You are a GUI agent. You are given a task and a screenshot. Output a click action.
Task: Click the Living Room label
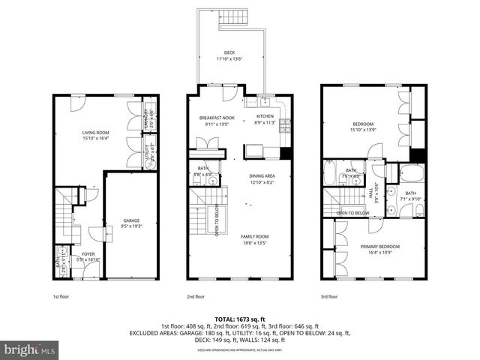[x=95, y=135]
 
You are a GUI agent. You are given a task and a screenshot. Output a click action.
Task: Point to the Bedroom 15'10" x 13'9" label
[x=363, y=126]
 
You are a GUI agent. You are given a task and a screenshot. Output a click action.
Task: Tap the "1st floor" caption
[x=61, y=296]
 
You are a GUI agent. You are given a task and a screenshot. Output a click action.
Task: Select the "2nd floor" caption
[x=196, y=296]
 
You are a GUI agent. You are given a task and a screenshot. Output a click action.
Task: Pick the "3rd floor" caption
[x=329, y=296]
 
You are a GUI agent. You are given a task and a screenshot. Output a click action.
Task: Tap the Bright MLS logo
[x=30, y=349]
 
